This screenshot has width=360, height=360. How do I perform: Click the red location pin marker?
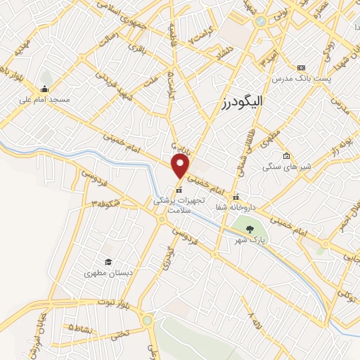181,167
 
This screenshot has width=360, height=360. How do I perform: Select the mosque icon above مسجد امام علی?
44,89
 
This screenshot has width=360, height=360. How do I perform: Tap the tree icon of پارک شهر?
247,229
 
